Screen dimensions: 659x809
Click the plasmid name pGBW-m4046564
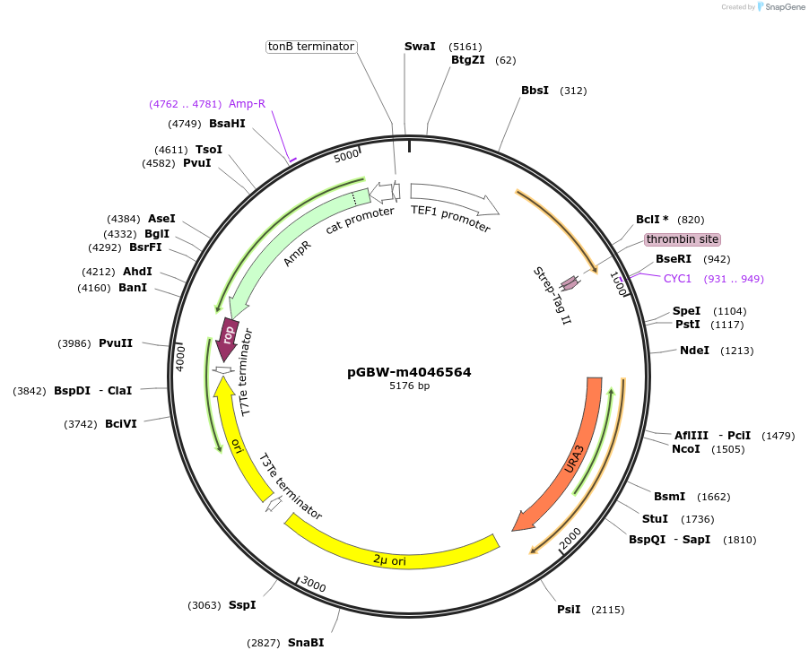(409, 372)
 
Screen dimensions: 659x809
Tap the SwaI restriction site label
(420, 46)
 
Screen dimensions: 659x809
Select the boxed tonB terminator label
(311, 47)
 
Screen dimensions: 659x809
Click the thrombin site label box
(682, 239)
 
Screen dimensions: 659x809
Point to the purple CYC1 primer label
(677, 279)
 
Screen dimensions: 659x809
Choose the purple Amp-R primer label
(247, 104)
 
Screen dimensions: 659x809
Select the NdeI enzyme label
(694, 351)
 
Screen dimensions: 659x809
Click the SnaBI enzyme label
(306, 643)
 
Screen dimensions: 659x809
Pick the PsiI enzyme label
(569, 610)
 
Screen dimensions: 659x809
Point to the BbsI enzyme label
(535, 91)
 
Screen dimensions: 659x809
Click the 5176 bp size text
(409, 386)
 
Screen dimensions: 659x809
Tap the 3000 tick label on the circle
(313, 585)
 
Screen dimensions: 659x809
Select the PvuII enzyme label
(116, 343)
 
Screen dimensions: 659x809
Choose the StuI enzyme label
(655, 519)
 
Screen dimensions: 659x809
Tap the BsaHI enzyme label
(227, 124)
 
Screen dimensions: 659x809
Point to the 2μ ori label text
(389, 560)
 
